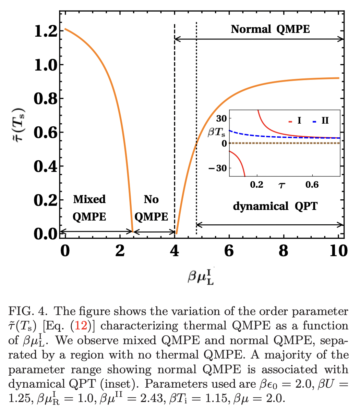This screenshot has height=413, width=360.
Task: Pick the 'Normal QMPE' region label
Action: point(270,29)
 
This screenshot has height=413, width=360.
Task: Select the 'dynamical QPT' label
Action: point(275,206)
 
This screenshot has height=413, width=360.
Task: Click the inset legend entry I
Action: point(296,121)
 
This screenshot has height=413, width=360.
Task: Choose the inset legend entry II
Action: point(321,121)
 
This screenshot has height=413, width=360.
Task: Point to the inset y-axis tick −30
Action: point(218,168)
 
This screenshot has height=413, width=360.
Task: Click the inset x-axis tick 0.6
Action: point(311,185)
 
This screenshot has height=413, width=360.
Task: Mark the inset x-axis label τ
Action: point(282,186)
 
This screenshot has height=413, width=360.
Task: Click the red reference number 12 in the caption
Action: point(81,326)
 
